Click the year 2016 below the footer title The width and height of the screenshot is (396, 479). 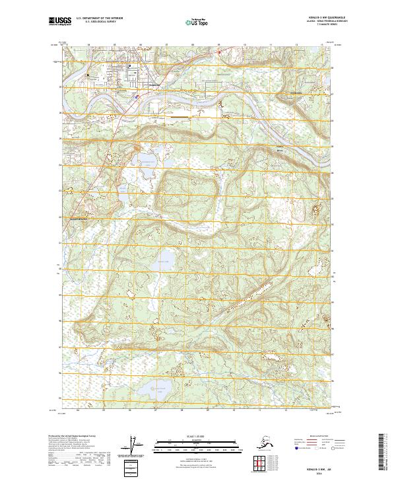click(317, 471)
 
